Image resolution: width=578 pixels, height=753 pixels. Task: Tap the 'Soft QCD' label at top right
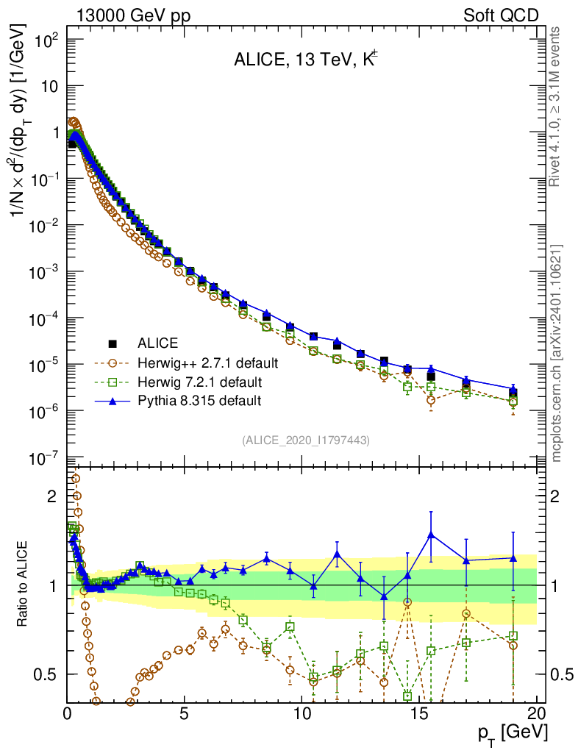pos(501,15)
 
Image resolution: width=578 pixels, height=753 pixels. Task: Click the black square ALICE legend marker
pos(113,343)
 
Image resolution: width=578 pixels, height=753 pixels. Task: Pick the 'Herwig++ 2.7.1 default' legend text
pos(208,363)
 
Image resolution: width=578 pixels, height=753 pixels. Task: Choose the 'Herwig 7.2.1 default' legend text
pos(201,382)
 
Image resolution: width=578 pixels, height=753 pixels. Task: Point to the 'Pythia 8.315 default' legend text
pos(199,401)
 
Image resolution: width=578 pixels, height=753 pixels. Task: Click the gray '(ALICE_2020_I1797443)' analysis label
pos(305,440)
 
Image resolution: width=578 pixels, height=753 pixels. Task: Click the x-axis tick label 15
pos(419,714)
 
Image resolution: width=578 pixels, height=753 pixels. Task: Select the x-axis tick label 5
pos(185,714)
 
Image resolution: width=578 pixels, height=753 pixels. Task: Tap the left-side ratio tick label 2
pos(52,496)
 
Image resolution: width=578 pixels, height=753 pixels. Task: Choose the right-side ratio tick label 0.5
pos(562,674)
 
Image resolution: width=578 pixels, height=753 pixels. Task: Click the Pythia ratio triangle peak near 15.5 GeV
pos(431,535)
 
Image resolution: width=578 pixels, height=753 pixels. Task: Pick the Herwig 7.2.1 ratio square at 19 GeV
pos(513,635)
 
